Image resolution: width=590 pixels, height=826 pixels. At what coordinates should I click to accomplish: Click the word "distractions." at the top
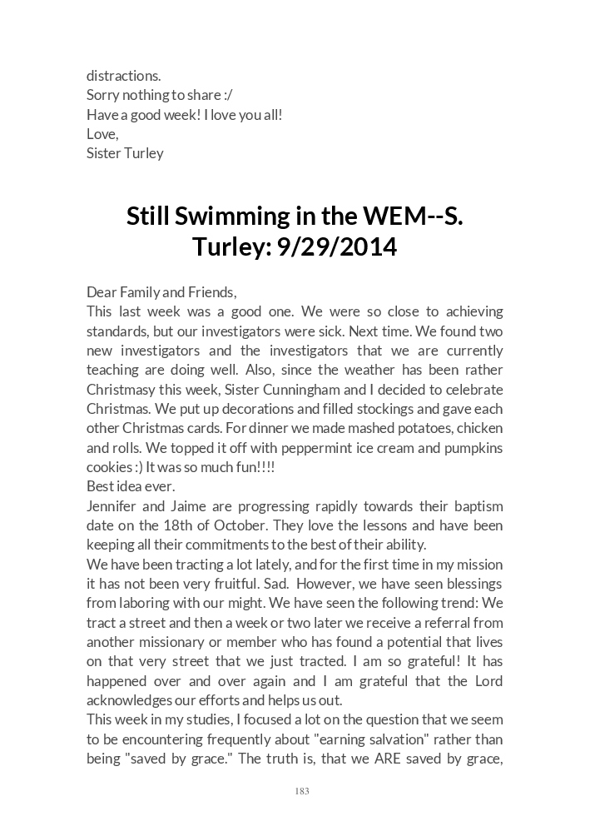pos(124,77)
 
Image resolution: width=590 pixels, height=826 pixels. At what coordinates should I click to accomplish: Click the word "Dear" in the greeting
pos(102,292)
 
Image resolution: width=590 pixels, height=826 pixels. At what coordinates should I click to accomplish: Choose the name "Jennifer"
pos(114,506)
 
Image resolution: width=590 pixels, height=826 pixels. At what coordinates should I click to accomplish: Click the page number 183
pos(302,792)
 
